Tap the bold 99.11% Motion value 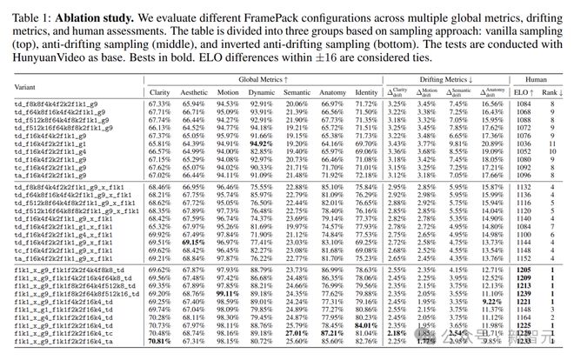pyautogui.click(x=227, y=293)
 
